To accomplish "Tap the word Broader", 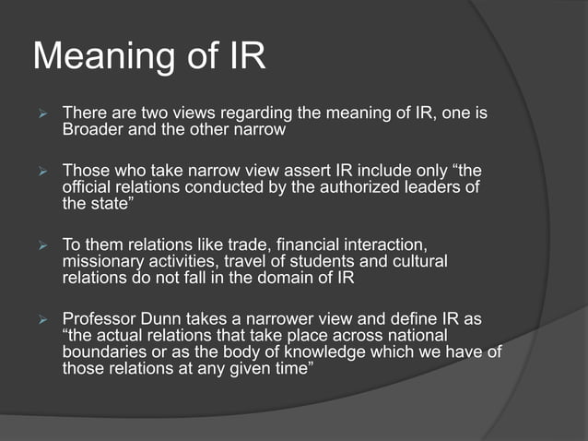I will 92,130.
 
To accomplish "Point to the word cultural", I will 416,261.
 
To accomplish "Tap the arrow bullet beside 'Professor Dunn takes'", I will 40,319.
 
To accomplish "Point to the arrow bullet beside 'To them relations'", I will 40,245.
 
